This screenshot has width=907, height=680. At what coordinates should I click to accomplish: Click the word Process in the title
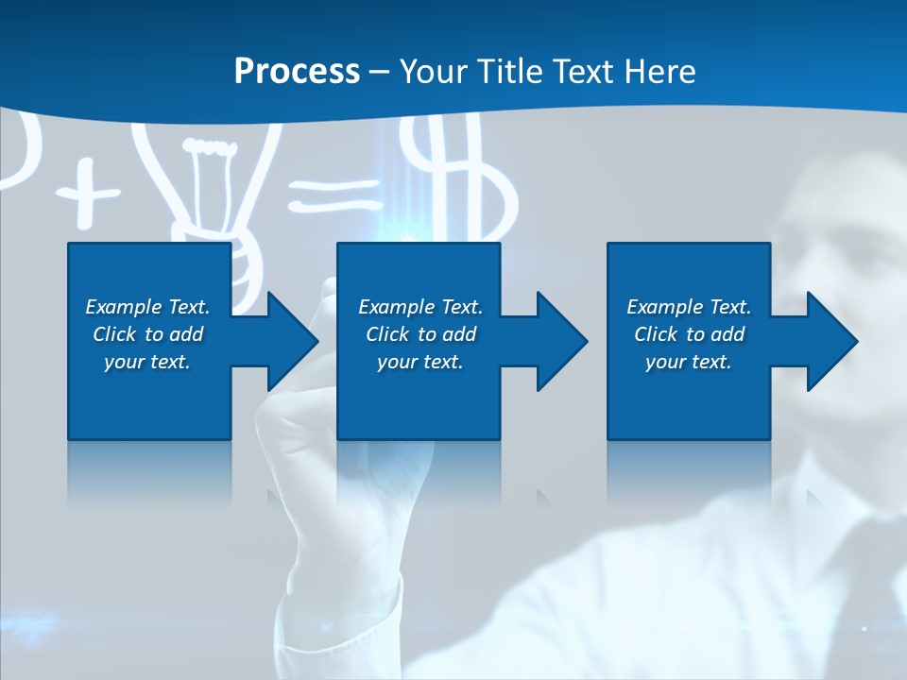297,72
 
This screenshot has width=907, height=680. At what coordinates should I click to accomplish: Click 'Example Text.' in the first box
147,307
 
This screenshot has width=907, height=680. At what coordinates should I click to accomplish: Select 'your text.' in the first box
147,362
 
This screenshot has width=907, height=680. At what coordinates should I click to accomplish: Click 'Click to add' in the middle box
420,334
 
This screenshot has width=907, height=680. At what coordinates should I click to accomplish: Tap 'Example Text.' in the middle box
420,307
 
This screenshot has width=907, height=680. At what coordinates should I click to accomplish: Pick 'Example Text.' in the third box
689,307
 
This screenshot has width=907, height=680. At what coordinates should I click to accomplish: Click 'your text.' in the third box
689,362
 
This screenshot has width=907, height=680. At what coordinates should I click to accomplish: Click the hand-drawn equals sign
335,195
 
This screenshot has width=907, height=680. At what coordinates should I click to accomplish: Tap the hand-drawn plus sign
87,195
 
